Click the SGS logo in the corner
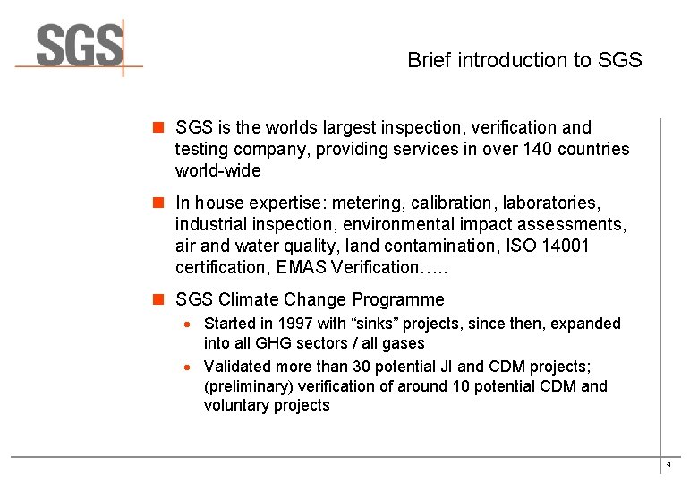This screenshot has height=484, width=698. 79,47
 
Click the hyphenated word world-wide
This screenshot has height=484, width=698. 217,170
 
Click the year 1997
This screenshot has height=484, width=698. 295,323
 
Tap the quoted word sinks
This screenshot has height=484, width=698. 364,323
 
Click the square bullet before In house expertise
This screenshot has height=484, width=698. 159,203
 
